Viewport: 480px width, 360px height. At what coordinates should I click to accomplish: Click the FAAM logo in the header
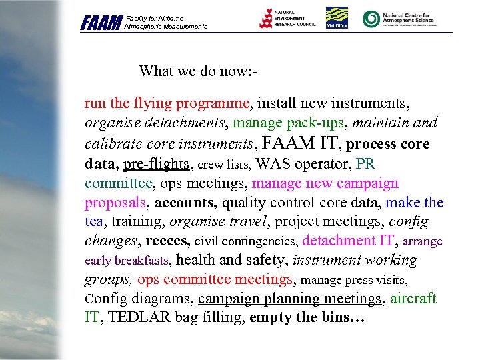point(101,23)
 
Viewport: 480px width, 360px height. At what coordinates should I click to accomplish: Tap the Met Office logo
point(337,18)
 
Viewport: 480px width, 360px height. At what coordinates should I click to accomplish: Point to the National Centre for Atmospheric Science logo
point(399,18)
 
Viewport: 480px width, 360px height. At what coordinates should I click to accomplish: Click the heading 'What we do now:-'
point(198,71)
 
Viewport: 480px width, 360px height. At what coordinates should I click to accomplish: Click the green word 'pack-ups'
point(319,123)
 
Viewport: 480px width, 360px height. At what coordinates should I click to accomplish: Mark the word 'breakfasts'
point(144,261)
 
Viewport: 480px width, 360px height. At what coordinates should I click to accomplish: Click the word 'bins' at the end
point(337,317)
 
